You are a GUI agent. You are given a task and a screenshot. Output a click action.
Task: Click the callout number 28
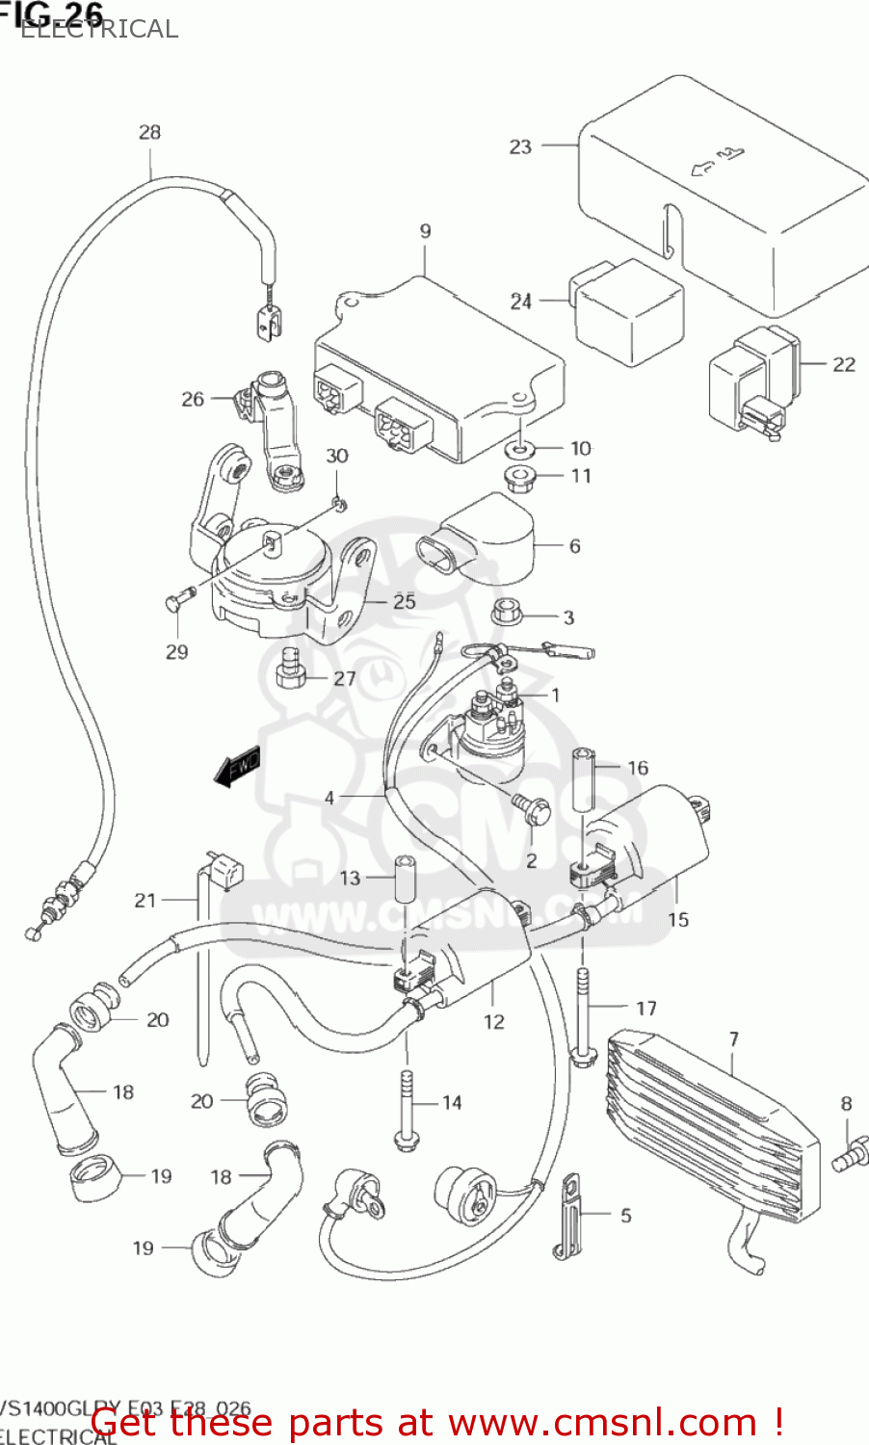(149, 132)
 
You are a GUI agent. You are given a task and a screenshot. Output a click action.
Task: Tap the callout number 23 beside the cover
(520, 146)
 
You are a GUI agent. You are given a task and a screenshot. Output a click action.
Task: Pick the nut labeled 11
(520, 476)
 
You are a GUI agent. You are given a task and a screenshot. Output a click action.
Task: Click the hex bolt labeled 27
(290, 670)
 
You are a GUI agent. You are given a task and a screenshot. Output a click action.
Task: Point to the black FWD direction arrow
(237, 767)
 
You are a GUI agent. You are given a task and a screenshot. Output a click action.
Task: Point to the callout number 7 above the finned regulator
(734, 1039)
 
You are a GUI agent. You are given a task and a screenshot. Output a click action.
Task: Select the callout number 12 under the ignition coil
(493, 1022)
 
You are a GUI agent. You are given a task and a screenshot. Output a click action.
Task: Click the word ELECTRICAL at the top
(99, 29)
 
